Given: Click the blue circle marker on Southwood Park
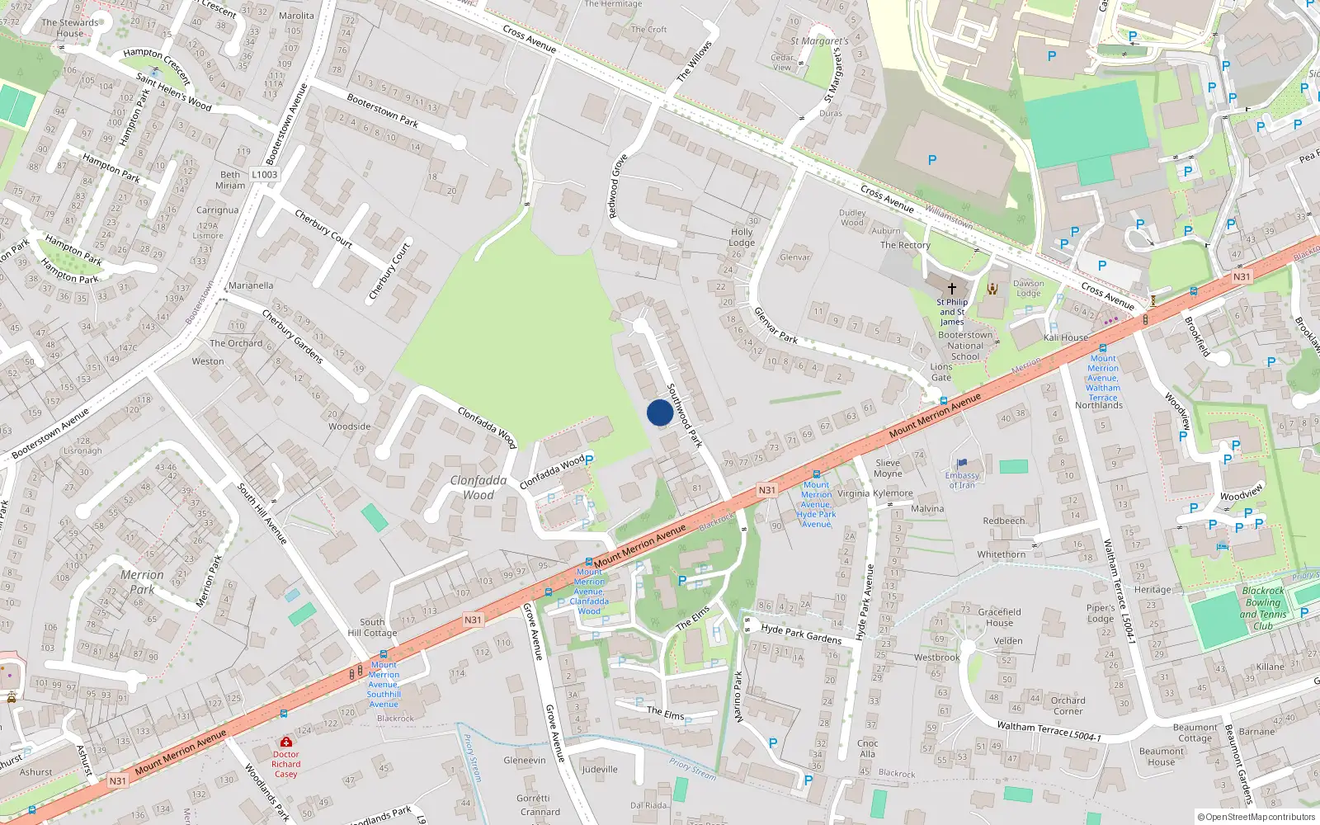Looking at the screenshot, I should click(659, 412).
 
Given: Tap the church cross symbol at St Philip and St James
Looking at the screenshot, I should click(951, 289).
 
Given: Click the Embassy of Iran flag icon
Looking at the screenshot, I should click(962, 464).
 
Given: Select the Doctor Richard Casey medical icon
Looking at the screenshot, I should click(285, 742).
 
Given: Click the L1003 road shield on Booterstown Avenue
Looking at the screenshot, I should click(265, 175).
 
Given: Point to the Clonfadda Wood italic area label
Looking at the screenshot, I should click(478, 488).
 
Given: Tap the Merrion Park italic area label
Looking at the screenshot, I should click(142, 582).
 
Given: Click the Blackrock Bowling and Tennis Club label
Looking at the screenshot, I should click(1263, 608).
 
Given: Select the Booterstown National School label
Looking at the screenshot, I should click(965, 346).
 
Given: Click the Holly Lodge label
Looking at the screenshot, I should click(742, 238).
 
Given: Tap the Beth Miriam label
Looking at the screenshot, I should click(230, 180).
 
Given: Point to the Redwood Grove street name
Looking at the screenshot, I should click(618, 186).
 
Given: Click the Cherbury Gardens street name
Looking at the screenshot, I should click(292, 336).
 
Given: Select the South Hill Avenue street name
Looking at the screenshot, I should click(262, 514).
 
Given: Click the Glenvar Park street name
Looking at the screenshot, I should click(775, 325).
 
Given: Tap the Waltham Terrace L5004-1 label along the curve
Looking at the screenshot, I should click(1049, 730).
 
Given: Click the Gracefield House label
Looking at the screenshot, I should click(999, 617).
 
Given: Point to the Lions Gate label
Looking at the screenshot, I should click(941, 372).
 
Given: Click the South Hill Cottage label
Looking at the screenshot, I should click(372, 628).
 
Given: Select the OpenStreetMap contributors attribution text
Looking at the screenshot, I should click(1256, 817).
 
